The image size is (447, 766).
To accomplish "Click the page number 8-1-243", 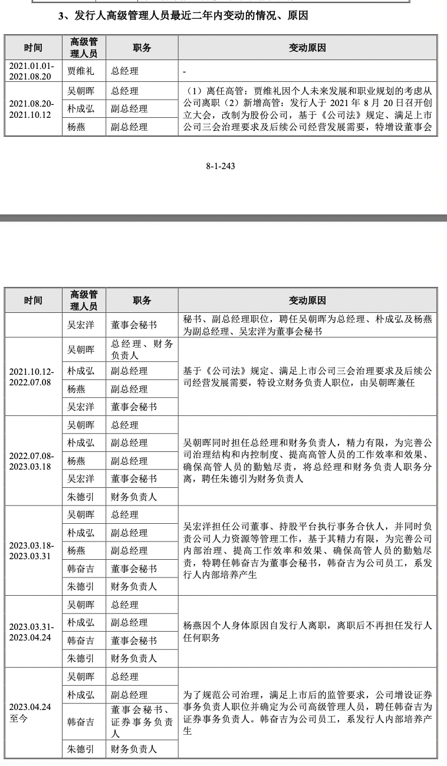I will point(221,166).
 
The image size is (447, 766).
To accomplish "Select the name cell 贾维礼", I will point(80,71).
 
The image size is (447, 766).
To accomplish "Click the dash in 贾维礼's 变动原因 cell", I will point(185,72).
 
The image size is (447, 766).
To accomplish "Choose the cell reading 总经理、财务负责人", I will point(142,349).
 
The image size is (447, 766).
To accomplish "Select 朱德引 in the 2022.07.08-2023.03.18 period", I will point(80,497).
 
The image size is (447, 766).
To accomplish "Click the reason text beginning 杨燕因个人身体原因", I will point(308,631).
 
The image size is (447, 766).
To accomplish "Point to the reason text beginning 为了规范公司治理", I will point(308,712).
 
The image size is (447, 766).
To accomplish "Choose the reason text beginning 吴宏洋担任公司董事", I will point(308,550).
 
